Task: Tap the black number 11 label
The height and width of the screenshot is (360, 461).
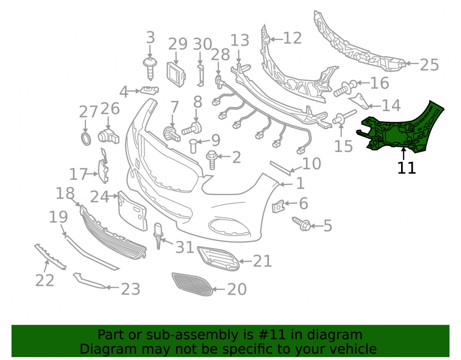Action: click(x=407, y=168)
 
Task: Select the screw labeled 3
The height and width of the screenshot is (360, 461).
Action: click(x=150, y=69)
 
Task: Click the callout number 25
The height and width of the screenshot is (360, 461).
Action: click(x=429, y=65)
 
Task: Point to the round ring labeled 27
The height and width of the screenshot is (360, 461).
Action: click(x=86, y=139)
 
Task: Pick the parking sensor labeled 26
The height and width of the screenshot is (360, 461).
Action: click(x=108, y=136)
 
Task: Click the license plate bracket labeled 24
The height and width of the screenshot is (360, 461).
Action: click(x=132, y=210)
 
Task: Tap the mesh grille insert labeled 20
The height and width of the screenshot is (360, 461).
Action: click(x=192, y=284)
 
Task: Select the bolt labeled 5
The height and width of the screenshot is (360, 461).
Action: click(x=301, y=224)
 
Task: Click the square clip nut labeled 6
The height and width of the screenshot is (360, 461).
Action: click(x=278, y=207)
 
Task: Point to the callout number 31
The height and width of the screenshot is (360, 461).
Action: click(x=185, y=248)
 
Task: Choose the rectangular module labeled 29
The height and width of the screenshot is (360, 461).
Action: click(x=176, y=75)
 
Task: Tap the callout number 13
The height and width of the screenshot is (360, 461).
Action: click(x=240, y=41)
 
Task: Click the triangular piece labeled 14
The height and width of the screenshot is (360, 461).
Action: click(x=359, y=101)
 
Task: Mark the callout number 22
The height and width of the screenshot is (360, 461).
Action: click(x=45, y=280)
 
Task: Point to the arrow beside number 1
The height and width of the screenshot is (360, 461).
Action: click(x=286, y=184)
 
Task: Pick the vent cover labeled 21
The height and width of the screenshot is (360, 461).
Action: click(x=218, y=259)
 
